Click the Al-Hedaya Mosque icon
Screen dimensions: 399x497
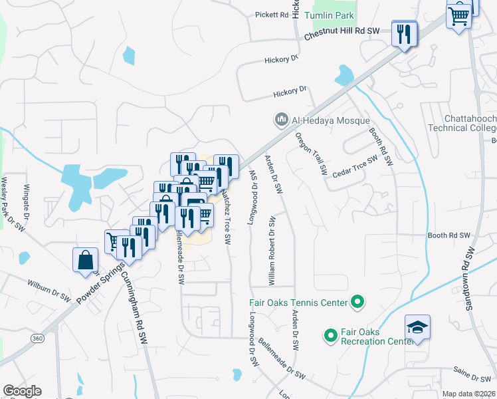[280, 119]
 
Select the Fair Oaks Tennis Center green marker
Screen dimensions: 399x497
[357, 303]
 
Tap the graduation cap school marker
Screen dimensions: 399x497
[417, 327]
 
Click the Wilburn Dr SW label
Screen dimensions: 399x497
[49, 289]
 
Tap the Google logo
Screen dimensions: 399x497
[22, 391]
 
